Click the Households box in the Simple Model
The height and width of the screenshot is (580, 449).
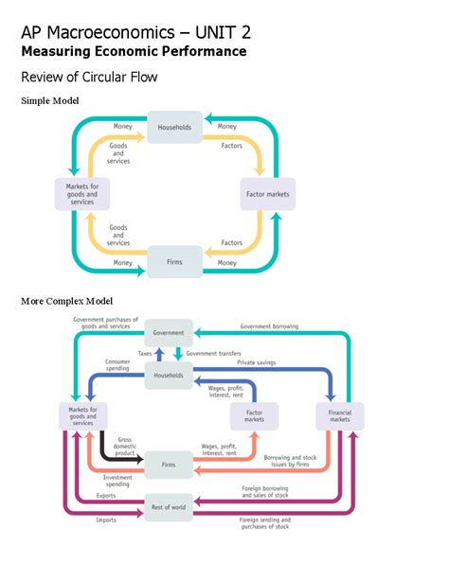tap(174, 127)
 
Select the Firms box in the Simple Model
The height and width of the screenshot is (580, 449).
tap(174, 261)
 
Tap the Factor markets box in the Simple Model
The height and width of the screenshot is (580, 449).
tap(268, 194)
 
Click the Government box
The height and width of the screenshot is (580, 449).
tap(169, 332)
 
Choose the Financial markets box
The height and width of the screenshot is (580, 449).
tap(340, 416)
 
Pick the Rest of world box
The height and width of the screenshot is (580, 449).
tap(169, 507)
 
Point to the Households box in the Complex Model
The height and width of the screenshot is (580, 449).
tap(169, 376)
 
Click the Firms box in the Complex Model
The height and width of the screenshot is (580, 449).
tap(169, 465)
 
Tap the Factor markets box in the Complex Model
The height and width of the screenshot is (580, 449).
tap(255, 416)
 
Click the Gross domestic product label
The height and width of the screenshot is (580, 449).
tap(125, 446)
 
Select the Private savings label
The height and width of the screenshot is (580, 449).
tap(257, 362)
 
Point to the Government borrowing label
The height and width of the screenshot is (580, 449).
tap(269, 326)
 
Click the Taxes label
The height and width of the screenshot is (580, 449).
tap(145, 353)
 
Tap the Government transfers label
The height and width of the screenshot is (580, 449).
tap(214, 353)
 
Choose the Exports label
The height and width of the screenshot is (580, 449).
tap(106, 496)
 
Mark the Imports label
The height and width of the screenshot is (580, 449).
tap(106, 519)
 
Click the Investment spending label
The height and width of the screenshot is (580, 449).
tap(117, 481)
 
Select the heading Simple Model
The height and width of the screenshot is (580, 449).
tap(50, 100)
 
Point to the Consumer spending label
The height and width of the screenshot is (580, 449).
tap(117, 365)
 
